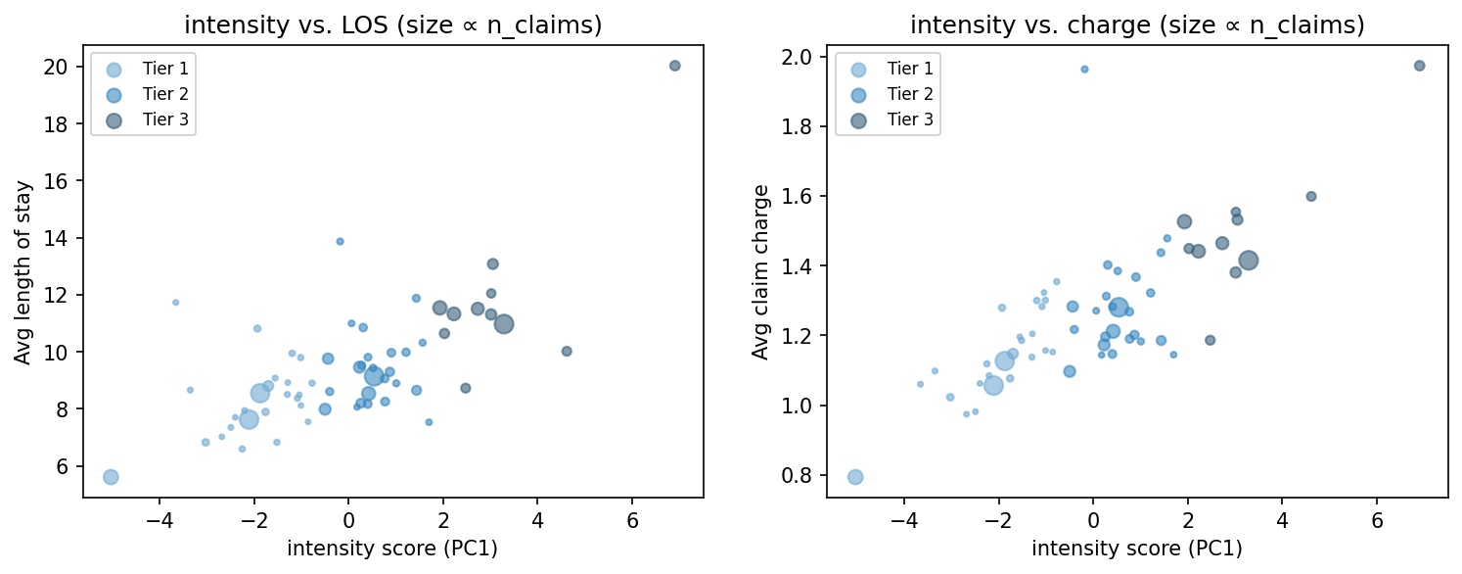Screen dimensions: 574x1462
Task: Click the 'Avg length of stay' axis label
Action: pos(23,271)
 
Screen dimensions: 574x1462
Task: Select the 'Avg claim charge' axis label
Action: pos(760,271)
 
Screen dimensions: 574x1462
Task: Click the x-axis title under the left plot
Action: pos(392,549)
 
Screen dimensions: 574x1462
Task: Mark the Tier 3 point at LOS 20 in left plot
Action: pos(674,66)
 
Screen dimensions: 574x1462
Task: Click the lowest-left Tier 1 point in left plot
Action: pos(111,477)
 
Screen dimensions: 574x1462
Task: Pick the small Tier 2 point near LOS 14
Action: pos(340,241)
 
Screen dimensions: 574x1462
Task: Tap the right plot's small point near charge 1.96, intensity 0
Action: pos(1084,69)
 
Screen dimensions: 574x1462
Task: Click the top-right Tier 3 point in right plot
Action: pos(1419,66)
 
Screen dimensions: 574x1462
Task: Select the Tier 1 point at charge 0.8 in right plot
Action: pos(855,477)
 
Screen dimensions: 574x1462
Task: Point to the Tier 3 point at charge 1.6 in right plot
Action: pos(1311,196)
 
